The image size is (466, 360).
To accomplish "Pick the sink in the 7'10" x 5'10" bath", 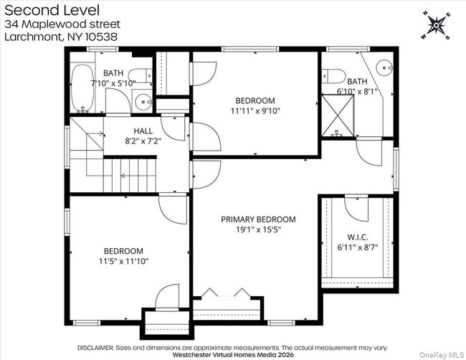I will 141,101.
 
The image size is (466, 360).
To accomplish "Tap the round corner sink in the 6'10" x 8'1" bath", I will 387,69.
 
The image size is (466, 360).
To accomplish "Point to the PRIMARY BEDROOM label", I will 258,219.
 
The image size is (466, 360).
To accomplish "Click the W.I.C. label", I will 357,236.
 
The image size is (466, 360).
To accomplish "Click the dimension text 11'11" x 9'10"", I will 255,110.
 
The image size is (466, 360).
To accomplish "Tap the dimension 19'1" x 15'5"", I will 258,230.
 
